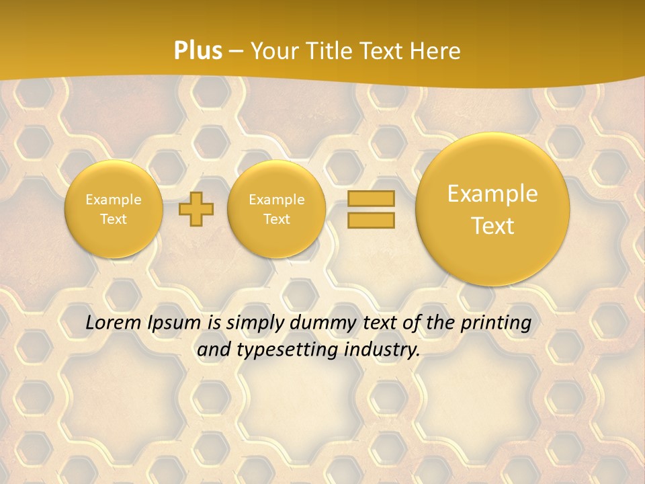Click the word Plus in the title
(x=198, y=51)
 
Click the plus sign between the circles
(x=196, y=209)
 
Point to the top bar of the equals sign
(x=370, y=199)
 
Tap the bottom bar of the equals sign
(x=370, y=220)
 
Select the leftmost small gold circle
(x=114, y=209)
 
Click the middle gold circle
(x=276, y=209)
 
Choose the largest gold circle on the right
(x=492, y=209)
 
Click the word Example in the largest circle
(x=492, y=194)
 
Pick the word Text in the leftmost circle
(x=114, y=219)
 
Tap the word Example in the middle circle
(x=276, y=200)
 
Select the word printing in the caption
(x=498, y=323)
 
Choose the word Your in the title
(x=275, y=51)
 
